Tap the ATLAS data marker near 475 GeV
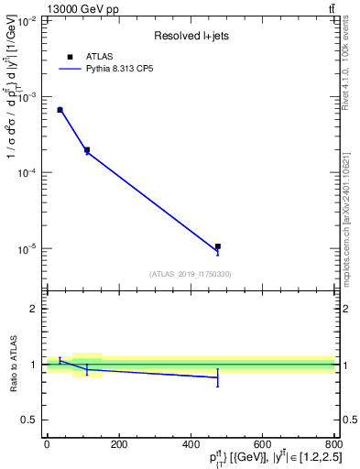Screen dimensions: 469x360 (x=218, y=246)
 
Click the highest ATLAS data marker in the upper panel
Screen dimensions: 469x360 (x=60, y=110)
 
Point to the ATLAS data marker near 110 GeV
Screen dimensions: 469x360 (x=87, y=149)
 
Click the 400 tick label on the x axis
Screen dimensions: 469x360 (x=191, y=445)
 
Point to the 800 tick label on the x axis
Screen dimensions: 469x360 (x=334, y=445)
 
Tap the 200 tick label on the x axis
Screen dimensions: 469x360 (x=118, y=445)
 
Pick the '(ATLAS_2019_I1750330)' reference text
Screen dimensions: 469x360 (x=191, y=274)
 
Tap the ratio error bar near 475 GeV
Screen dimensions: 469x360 (x=218, y=377)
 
